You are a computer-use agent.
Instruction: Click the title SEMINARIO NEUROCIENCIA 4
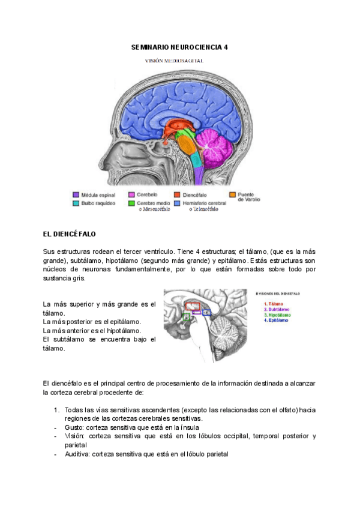pyautogui.click(x=179, y=47)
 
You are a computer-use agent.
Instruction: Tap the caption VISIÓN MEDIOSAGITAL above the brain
pyautogui.click(x=179, y=61)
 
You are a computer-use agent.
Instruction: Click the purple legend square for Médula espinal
pyautogui.click(x=76, y=194)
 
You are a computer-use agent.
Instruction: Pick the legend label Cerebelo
pyautogui.click(x=148, y=194)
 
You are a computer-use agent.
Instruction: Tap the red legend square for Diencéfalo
pyautogui.click(x=177, y=194)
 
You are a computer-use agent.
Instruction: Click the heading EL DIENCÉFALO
pyautogui.click(x=70, y=233)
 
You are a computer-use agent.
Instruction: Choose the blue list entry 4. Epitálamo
pyautogui.click(x=277, y=320)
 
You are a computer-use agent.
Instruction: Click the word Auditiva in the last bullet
pyautogui.click(x=77, y=454)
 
